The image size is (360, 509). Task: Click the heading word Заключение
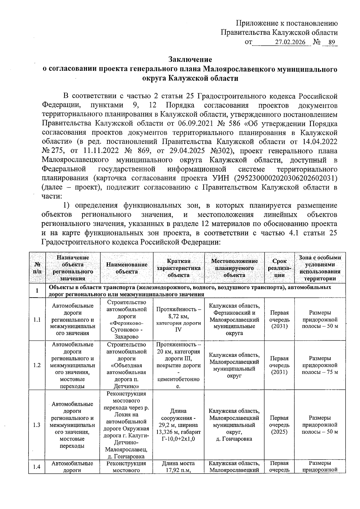(190, 59)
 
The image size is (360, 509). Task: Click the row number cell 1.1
(37, 319)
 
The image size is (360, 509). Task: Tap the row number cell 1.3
(37, 425)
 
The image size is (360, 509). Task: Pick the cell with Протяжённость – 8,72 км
(178, 319)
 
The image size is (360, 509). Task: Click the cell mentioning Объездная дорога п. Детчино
(127, 365)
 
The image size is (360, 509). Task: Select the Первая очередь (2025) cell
(279, 425)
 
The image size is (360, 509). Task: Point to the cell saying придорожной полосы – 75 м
(320, 365)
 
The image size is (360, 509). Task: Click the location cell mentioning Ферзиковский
(234, 319)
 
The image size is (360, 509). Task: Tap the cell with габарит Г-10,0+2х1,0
(178, 425)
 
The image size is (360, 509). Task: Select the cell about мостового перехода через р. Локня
(127, 425)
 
